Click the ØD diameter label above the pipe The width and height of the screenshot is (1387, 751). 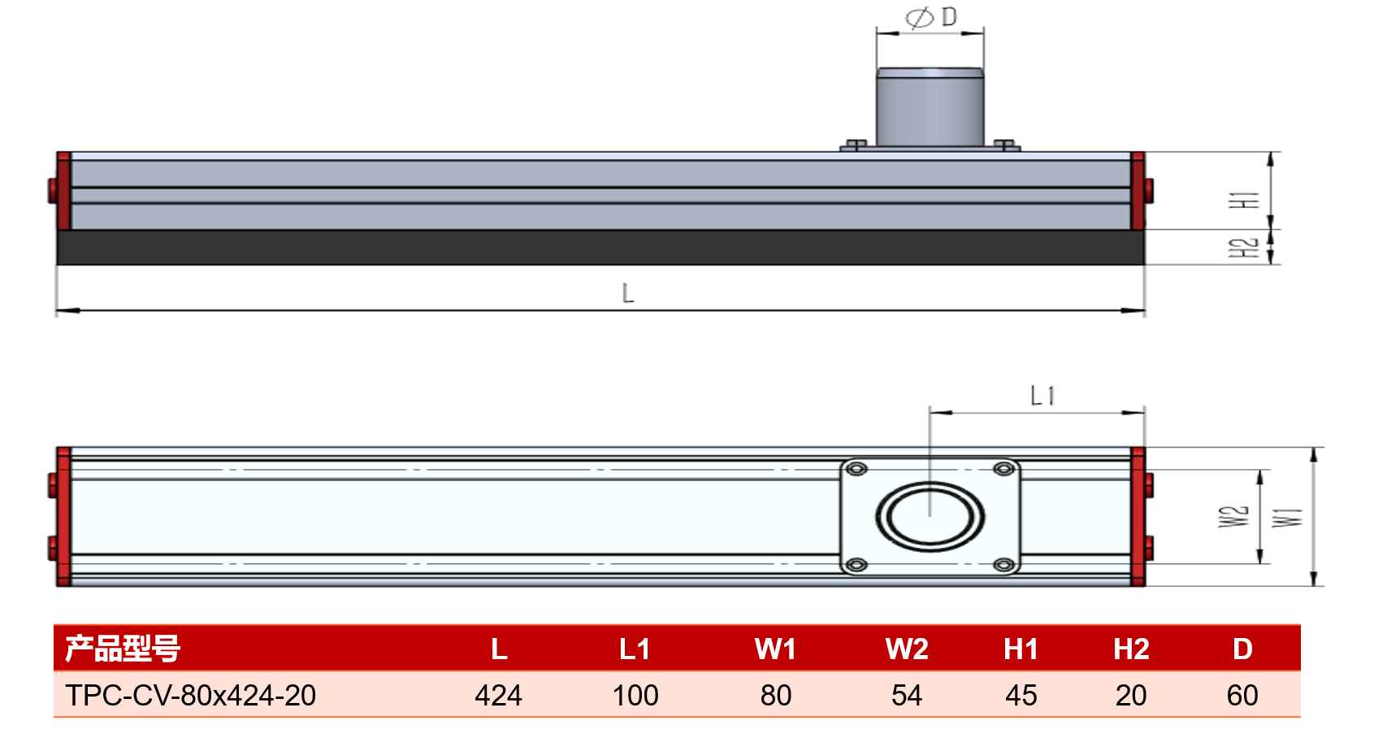(931, 17)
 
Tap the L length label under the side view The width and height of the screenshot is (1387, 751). (628, 293)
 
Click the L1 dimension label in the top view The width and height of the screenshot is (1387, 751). (1042, 396)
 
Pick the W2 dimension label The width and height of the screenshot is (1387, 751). (1233, 517)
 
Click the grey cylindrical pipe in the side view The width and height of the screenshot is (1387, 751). (930, 107)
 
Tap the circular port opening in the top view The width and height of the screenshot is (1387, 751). (930, 517)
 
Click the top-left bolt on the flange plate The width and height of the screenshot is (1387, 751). (857, 469)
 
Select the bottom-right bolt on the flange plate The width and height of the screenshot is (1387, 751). (1003, 565)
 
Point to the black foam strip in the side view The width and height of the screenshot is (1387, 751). (600, 247)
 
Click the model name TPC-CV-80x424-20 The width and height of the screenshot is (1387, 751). (191, 695)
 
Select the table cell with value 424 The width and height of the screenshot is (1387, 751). (498, 695)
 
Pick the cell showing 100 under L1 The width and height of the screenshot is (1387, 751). (635, 695)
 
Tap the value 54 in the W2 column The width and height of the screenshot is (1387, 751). (907, 695)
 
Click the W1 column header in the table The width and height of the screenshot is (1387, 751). (775, 649)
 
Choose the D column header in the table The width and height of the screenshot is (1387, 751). (1242, 649)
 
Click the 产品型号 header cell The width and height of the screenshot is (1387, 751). (123, 649)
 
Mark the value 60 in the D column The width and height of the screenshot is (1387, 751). (1242, 695)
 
